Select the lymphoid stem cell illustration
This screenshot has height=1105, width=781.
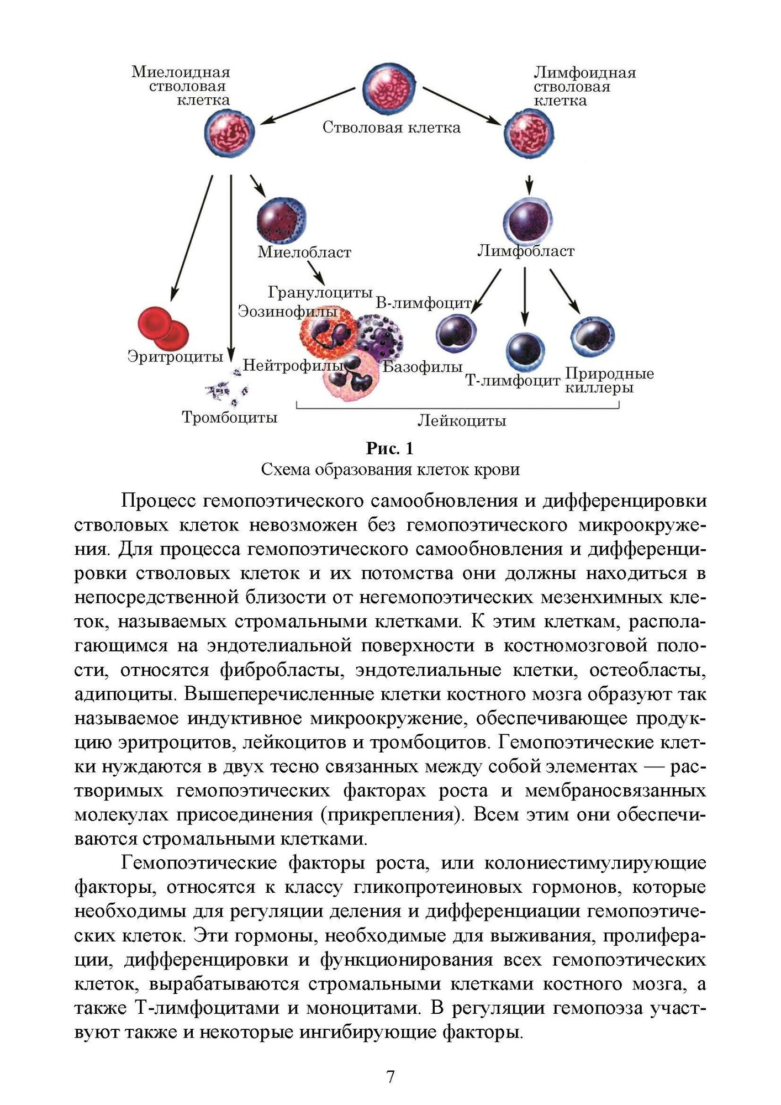529,133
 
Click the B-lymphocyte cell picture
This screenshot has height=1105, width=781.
456,333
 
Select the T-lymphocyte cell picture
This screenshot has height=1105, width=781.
525,352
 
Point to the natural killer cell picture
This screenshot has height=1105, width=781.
593,336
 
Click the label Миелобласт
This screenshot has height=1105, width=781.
304,252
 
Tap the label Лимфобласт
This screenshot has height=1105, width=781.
526,251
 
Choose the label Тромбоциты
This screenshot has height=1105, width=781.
230,417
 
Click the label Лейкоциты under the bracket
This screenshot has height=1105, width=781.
462,421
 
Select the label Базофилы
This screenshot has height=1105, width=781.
423,366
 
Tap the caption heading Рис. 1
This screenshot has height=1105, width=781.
390,448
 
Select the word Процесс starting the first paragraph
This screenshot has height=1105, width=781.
157,501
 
